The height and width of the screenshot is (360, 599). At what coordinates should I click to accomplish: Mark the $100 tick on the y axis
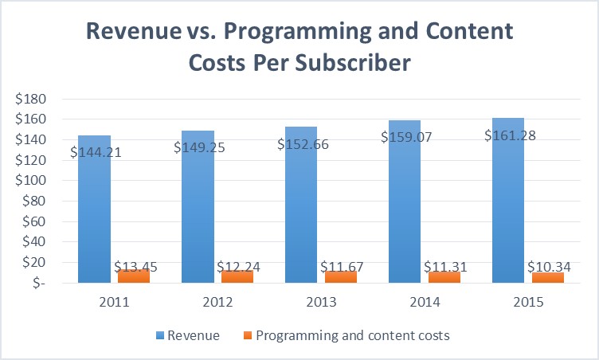coord(32,181)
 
